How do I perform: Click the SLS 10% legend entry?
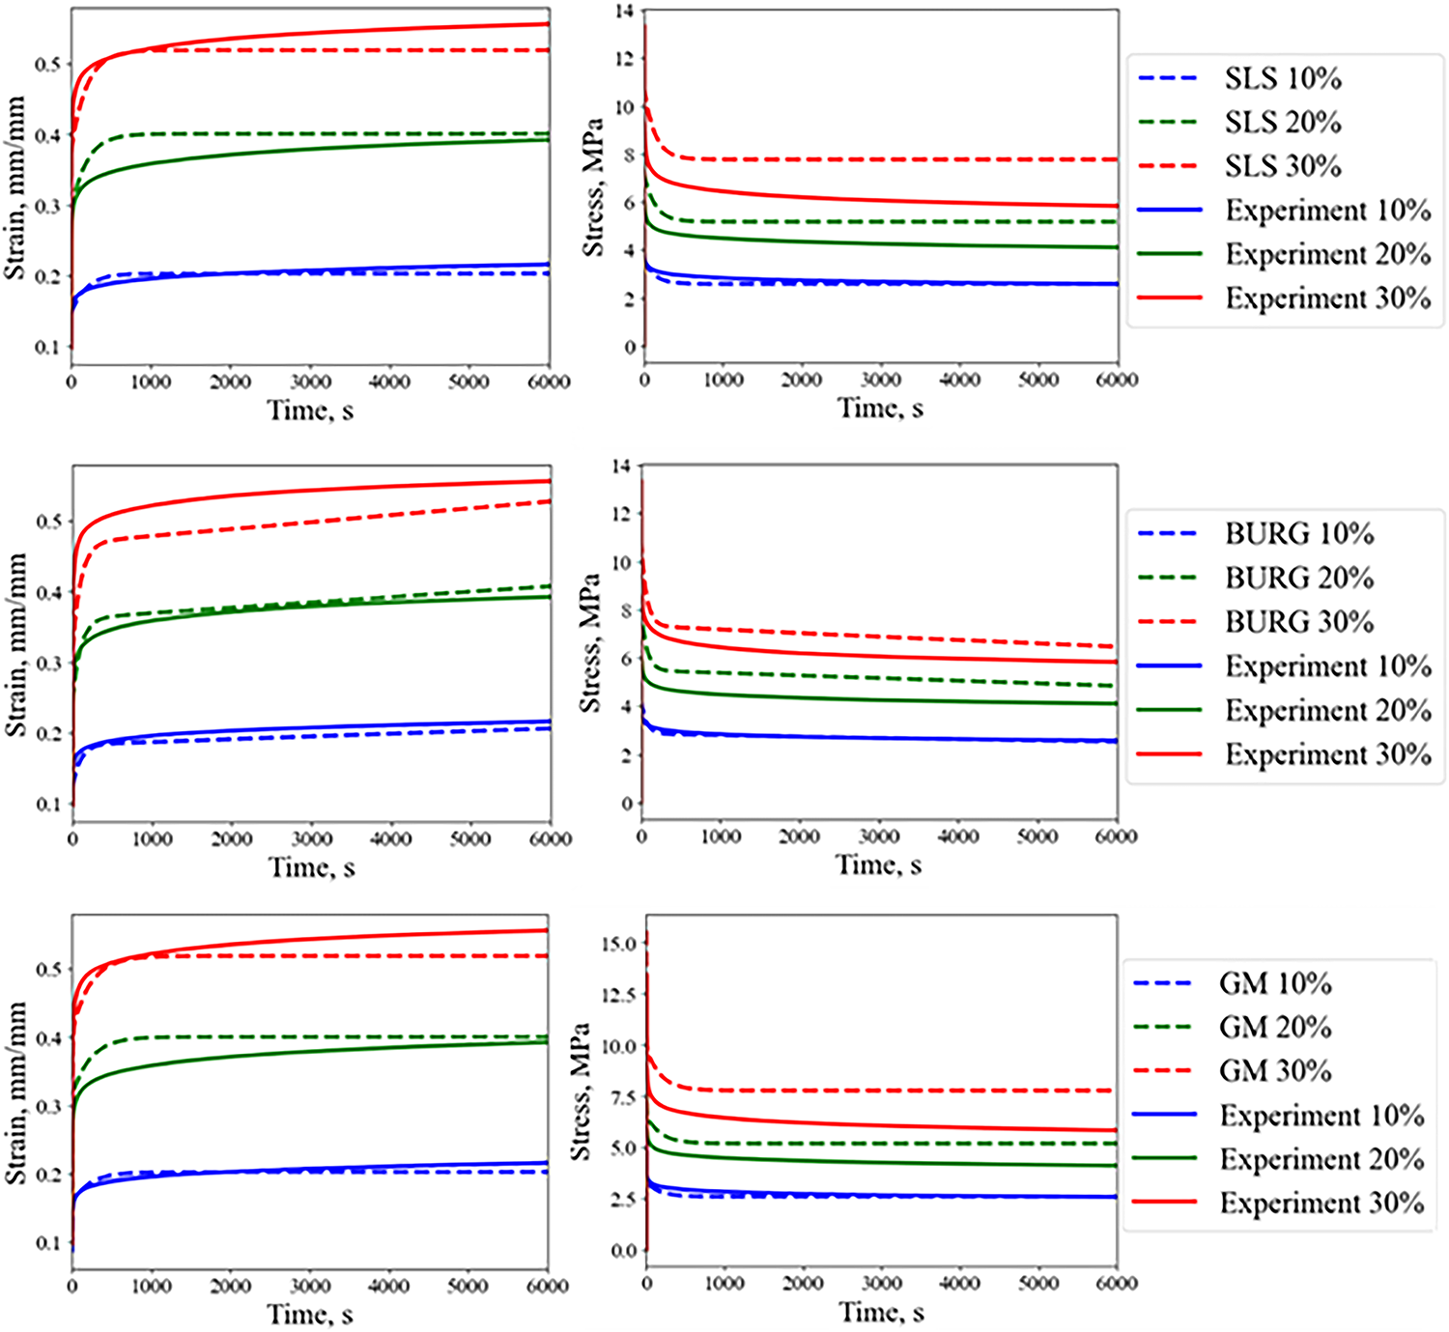[x=1282, y=78]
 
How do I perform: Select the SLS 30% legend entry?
[x=1282, y=166]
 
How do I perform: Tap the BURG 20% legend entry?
[x=1298, y=578]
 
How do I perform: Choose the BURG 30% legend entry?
[x=1298, y=622]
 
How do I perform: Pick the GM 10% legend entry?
[x=1274, y=983]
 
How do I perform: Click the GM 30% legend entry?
[x=1274, y=1070]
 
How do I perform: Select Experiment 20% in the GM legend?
[x=1321, y=1159]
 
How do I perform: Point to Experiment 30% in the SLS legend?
[x=1327, y=298]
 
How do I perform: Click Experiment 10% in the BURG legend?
[x=1327, y=666]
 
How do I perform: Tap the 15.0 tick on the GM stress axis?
[x=618, y=944]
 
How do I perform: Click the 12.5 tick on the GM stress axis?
[x=618, y=995]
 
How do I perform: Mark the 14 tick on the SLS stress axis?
[x=625, y=12]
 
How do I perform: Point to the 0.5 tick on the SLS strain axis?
[x=49, y=65]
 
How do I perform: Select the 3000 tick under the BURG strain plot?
[x=312, y=838]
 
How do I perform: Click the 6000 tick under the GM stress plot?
[x=1116, y=1283]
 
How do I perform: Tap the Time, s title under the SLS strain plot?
[x=310, y=411]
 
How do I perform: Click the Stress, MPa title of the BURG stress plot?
[x=590, y=643]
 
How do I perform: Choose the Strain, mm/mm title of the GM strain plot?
[x=16, y=1091]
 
